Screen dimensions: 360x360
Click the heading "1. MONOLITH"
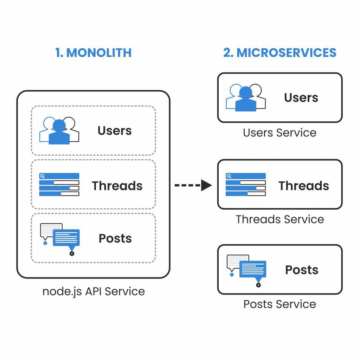[93, 53]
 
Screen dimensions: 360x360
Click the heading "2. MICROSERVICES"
[280, 53]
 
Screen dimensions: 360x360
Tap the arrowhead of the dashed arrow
[206, 185]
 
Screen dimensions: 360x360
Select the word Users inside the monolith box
[115, 131]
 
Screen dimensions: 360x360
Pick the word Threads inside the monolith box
[117, 186]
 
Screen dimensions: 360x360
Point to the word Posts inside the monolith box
[115, 238]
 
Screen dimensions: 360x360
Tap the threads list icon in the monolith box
[59, 185]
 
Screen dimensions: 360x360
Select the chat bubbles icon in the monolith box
[60, 238]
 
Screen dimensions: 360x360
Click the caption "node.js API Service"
[94, 291]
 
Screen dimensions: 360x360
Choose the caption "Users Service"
[279, 133]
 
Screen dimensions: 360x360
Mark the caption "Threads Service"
[280, 219]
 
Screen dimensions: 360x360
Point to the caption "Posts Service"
[279, 304]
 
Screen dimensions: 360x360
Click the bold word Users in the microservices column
[301, 98]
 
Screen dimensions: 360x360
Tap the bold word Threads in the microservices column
[304, 186]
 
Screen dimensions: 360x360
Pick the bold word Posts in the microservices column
[302, 270]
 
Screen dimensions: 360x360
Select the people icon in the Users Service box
[245, 98]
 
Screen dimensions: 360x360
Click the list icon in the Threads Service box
[245, 185]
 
